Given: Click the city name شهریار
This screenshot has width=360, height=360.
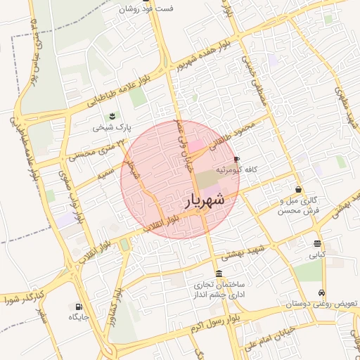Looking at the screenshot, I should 205,200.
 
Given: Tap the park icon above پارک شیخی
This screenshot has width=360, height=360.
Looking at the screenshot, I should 111,116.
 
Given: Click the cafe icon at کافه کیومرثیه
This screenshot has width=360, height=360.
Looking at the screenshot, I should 236,160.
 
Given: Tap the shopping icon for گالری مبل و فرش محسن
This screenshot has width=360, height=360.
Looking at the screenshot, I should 299,189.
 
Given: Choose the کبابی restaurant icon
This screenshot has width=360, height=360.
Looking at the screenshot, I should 319,244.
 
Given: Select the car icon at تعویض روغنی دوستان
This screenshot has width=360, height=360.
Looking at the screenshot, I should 322,292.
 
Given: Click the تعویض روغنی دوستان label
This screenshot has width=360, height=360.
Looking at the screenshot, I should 324,304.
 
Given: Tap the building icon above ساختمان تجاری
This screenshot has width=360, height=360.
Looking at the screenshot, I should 219,274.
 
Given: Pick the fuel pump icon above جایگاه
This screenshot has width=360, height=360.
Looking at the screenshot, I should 78,307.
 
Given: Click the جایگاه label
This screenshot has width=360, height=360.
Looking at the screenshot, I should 78,318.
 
